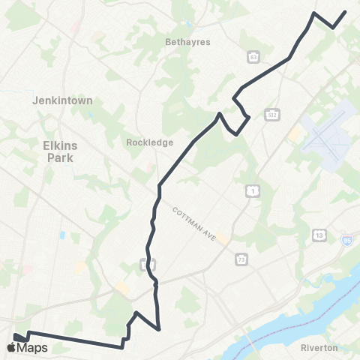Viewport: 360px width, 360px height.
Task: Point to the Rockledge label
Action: pos(150,142)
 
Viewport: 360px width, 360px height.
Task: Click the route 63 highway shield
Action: pos(254,56)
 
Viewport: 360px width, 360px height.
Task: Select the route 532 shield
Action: pos(271,114)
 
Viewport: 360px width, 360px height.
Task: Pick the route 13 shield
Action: pos(319,235)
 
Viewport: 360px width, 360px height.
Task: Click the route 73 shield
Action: pos(241,259)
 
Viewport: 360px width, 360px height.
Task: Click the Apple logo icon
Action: pos(11,347)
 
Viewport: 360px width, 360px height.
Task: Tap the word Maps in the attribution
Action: pos(33,347)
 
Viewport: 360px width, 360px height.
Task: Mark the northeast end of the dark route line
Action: pos(345,11)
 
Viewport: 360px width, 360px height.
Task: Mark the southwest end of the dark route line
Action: pos(14,337)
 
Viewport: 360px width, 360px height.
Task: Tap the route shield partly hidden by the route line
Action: pos(148,264)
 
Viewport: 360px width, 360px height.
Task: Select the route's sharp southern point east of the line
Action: pos(160,328)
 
